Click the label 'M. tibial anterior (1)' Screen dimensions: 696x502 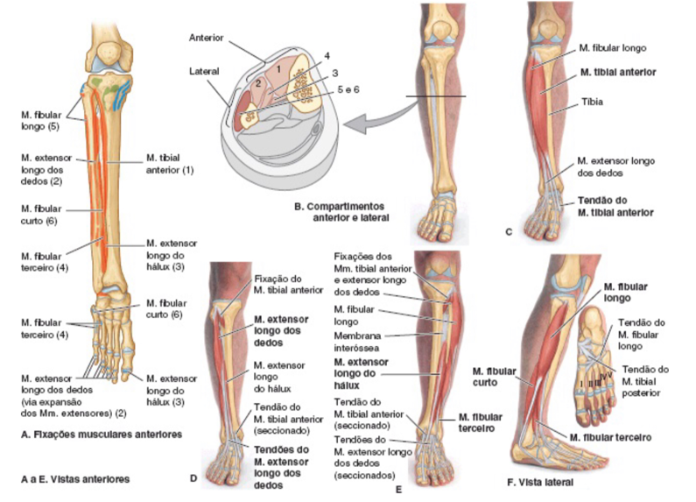pyautogui.click(x=170, y=164)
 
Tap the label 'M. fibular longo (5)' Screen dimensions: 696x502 pyautogui.click(x=41, y=120)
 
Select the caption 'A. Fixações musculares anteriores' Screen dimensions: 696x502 pyautogui.click(x=102, y=434)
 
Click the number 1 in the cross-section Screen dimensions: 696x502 pyautogui.click(x=278, y=69)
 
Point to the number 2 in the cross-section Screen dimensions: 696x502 pyautogui.click(x=258, y=83)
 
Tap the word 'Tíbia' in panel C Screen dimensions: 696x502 pyautogui.click(x=592, y=102)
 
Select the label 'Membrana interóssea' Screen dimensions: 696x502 pyautogui.click(x=357, y=342)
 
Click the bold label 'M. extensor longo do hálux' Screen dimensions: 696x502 pyautogui.click(x=362, y=373)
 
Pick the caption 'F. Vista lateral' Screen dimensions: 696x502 pyautogui.click(x=540, y=482)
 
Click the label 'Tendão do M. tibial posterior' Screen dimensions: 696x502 pyautogui.click(x=644, y=381)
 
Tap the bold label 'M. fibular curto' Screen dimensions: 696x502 pyautogui.click(x=494, y=377)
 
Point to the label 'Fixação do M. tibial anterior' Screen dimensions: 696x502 pyautogui.click(x=289, y=285)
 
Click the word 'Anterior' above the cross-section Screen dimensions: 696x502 pyautogui.click(x=207, y=38)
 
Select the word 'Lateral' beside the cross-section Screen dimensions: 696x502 pyautogui.click(x=204, y=71)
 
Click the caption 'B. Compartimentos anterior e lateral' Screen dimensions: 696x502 pyautogui.click(x=341, y=212)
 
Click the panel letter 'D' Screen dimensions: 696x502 pyautogui.click(x=193, y=478)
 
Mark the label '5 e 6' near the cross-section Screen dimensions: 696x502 pyautogui.click(x=348, y=89)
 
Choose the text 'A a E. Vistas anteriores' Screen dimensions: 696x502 pyautogui.click(x=75, y=479)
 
